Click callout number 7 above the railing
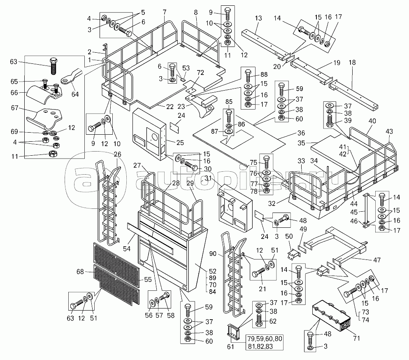click(x=164, y=12)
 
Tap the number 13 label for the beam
click(x=258, y=18)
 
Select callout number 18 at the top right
click(x=352, y=62)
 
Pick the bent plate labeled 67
click(x=44, y=119)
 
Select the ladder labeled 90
click(x=233, y=273)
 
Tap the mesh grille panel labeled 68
click(x=116, y=273)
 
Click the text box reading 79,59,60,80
click(x=265, y=339)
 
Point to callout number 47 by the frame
click(x=377, y=260)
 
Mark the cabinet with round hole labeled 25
click(x=149, y=134)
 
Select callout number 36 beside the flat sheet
click(x=301, y=133)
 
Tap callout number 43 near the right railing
click(x=389, y=131)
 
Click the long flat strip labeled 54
click(x=150, y=238)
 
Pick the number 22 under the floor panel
click(x=170, y=107)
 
